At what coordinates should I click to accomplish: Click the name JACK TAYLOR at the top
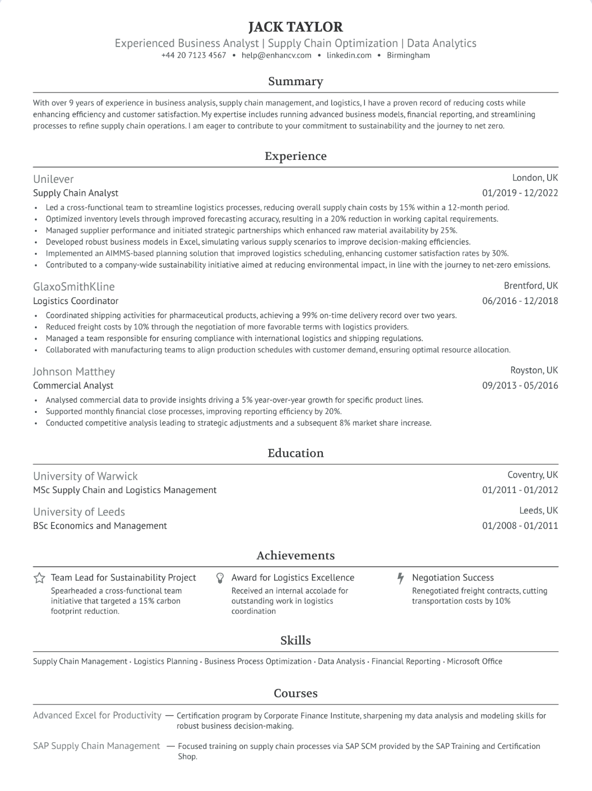pos(295,27)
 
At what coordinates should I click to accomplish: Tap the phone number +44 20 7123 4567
pos(193,56)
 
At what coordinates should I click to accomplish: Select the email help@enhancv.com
pos(276,56)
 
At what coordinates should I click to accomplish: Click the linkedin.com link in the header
pos(349,56)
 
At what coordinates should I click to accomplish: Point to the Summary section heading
pos(295,81)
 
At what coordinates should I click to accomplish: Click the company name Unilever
pos(53,179)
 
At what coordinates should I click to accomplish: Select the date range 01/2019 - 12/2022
pos(520,193)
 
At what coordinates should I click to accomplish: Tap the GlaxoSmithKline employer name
pos(73,287)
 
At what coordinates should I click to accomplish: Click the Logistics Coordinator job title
pos(76,301)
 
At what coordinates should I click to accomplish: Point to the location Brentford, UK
pos(531,286)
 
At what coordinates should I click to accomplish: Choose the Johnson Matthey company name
pos(73,371)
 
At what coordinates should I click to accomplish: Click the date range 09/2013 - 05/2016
pos(520,385)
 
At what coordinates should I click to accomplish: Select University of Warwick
pos(85,476)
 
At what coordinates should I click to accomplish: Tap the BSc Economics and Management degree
pos(100,526)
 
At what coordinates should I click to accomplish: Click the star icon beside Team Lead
pos(39,578)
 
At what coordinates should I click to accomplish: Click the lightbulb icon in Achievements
pos(220,578)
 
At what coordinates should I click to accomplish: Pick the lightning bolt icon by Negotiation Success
pos(400,578)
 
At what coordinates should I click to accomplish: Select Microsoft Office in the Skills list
pos(474,661)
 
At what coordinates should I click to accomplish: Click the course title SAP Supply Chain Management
pos(96,746)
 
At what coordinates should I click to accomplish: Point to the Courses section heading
pos(295,693)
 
